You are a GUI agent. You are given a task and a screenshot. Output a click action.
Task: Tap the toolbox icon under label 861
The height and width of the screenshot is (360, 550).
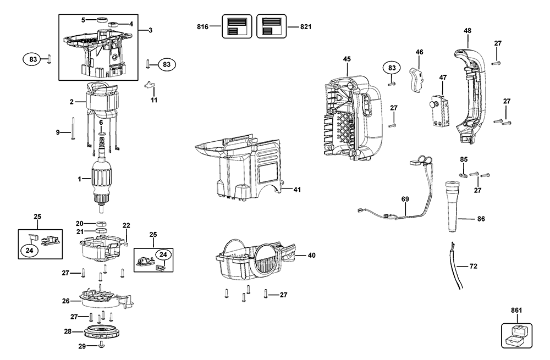pyautogui.click(x=517, y=336)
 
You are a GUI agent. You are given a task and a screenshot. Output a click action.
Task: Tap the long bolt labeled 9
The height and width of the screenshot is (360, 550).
pyautogui.click(x=72, y=129)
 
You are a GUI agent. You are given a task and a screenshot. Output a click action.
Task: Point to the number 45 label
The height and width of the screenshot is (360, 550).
pyautogui.click(x=346, y=59)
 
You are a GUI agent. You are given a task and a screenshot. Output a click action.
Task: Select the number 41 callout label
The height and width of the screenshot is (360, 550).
pyautogui.click(x=296, y=190)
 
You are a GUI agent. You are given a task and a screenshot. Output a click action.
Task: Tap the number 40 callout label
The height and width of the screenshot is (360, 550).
pyautogui.click(x=311, y=255)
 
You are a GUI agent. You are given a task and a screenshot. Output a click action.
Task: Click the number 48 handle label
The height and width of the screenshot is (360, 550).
pyautogui.click(x=467, y=31)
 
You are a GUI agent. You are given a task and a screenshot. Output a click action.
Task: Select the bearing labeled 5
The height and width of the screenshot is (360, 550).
pyautogui.click(x=103, y=20)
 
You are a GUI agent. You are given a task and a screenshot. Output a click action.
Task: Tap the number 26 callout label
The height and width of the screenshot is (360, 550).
pyautogui.click(x=66, y=301)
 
